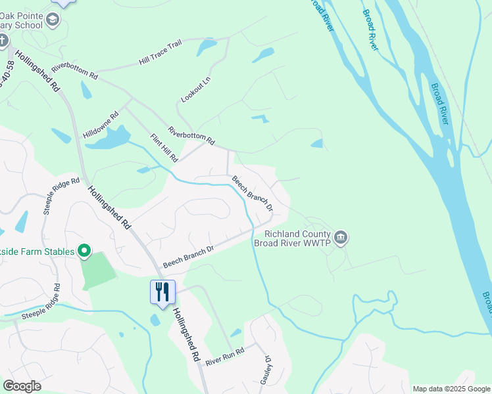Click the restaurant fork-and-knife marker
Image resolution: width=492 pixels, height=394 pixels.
(162, 291)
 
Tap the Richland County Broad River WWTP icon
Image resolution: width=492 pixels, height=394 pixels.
(340, 237)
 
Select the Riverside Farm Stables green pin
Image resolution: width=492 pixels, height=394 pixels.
(84, 250)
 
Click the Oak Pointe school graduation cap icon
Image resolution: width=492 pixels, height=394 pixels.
(53, 20)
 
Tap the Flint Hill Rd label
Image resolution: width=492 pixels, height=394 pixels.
(164, 148)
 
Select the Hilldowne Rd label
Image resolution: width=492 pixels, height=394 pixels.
(101, 125)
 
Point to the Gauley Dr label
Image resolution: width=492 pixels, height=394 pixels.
(268, 369)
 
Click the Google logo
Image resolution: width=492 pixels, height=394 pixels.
(22, 385)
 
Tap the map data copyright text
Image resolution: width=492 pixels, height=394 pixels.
(451, 389)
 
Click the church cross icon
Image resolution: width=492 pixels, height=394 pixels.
(3, 41)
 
